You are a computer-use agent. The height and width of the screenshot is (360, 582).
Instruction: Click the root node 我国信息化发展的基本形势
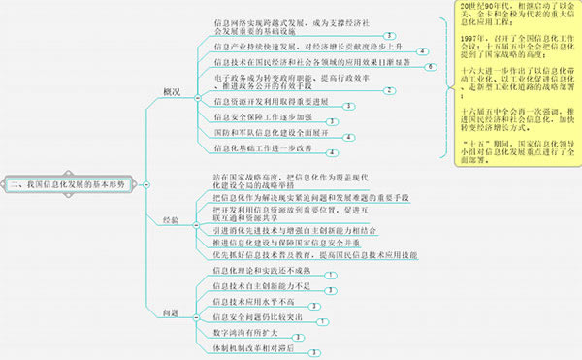tap(73, 182)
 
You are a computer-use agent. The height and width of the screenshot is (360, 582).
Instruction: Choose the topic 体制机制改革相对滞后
tap(250, 347)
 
